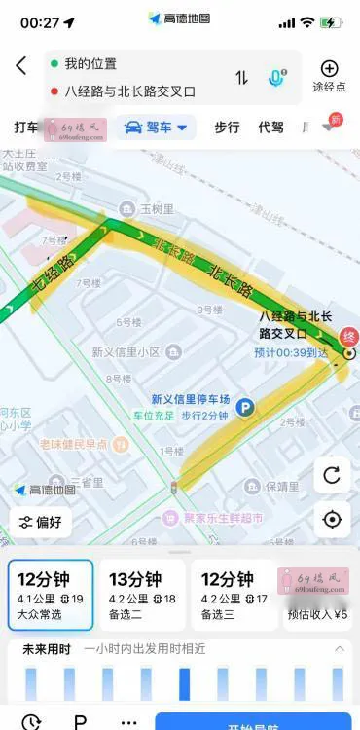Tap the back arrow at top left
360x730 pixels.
click(x=21, y=66)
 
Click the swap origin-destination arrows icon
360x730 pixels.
click(x=241, y=77)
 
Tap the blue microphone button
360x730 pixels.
click(x=277, y=77)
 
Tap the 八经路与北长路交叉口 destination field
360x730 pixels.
click(x=130, y=91)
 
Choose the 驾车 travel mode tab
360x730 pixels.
click(x=156, y=128)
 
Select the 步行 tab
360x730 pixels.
click(x=227, y=128)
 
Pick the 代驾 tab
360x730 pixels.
click(x=270, y=128)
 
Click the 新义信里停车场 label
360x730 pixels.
click(x=191, y=399)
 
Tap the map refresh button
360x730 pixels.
click(x=332, y=474)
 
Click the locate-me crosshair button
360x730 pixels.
click(x=332, y=520)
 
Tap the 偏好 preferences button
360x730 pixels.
click(x=41, y=522)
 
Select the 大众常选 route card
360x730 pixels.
click(x=51, y=595)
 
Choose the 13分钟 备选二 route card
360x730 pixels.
click(x=142, y=595)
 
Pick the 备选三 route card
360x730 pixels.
click(x=234, y=595)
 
